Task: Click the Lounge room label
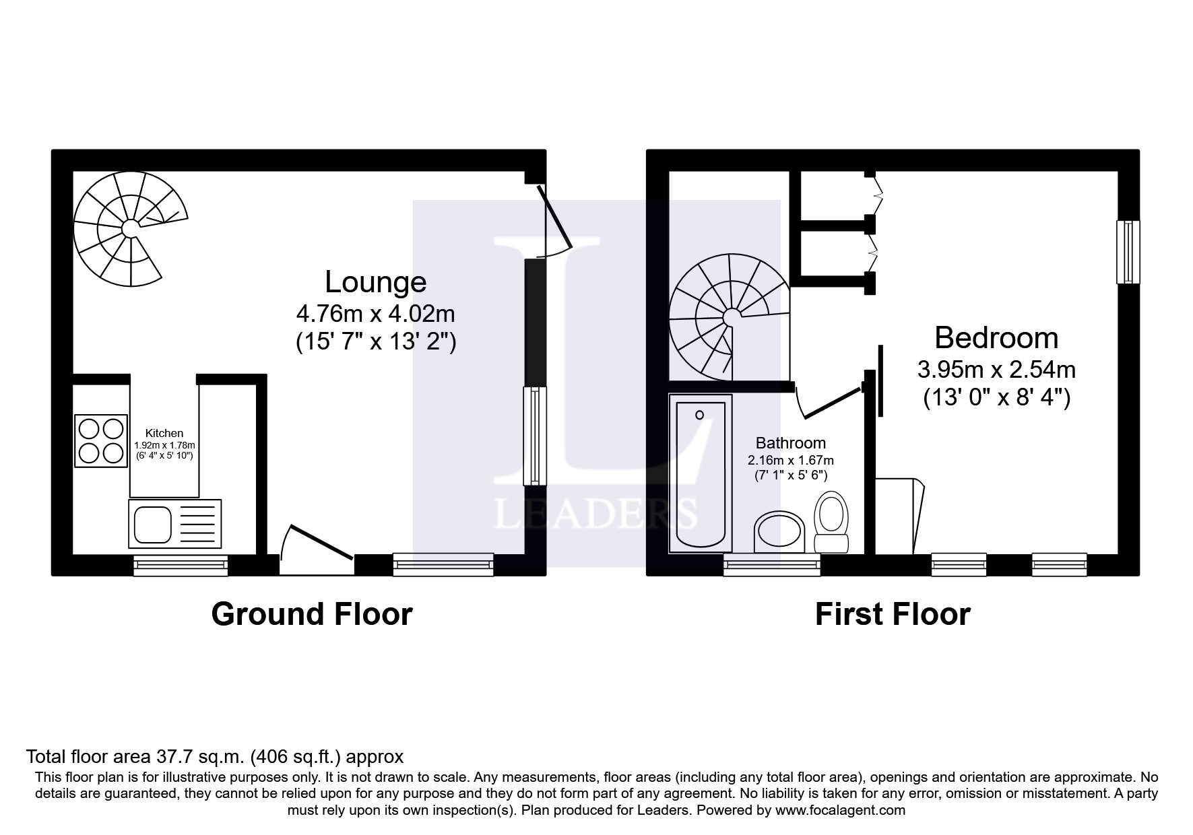[x=375, y=281]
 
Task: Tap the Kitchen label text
[x=164, y=434]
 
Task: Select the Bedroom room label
[x=996, y=337]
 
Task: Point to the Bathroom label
[x=790, y=443]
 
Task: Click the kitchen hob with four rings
[x=101, y=440]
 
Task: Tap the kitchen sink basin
[x=152, y=524]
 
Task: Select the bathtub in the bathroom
[x=700, y=473]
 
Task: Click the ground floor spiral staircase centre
[x=129, y=229]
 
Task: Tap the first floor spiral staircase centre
[x=730, y=316]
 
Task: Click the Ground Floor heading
[x=312, y=614]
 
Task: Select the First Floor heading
[x=893, y=614]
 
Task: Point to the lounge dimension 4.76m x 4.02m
[x=375, y=314]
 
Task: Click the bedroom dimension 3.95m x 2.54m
[x=996, y=369]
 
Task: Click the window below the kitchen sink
[x=181, y=565]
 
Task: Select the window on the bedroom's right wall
[x=1128, y=252]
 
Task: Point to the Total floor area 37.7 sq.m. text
[x=215, y=756]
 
